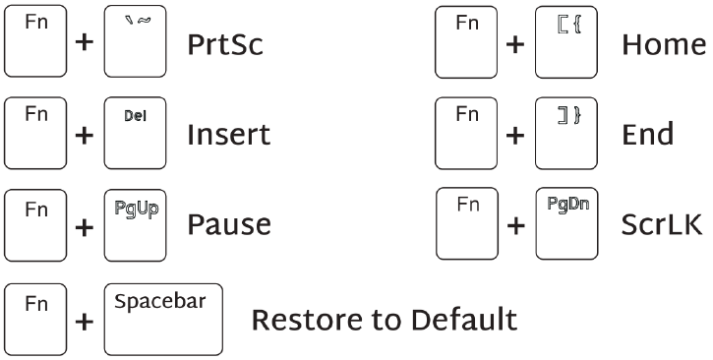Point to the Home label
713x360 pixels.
(664, 46)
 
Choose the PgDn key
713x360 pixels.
(567, 223)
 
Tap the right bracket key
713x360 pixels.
(567, 133)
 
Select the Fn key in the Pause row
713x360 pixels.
(35, 223)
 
